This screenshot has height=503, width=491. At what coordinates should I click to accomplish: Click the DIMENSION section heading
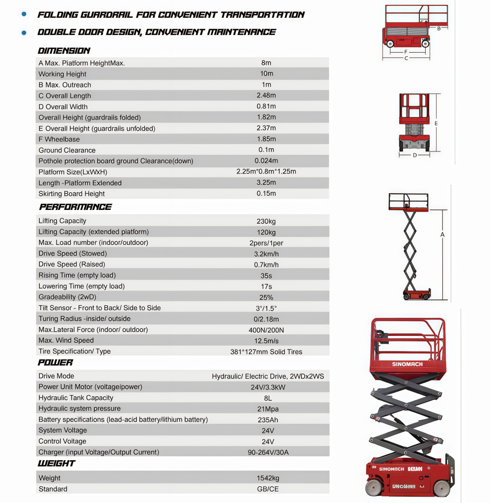pyautogui.click(x=64, y=51)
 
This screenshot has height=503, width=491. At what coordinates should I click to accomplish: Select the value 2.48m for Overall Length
pyautogui.click(x=266, y=95)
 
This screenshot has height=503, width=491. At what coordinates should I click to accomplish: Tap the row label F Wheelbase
pyautogui.click(x=59, y=139)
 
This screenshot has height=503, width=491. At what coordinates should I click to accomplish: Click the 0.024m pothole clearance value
pyautogui.click(x=266, y=161)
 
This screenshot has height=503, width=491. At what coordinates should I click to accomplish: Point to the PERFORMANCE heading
pyautogui.click(x=75, y=207)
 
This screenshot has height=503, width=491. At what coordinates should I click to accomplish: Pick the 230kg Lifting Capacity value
pyautogui.click(x=266, y=221)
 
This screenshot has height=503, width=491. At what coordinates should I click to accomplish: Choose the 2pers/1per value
pyautogui.click(x=266, y=243)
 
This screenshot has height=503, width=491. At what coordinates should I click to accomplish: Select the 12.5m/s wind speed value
pyautogui.click(x=266, y=341)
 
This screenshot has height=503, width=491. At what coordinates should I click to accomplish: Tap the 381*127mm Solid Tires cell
pyautogui.click(x=266, y=352)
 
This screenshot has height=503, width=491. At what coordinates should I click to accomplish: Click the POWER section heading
pyautogui.click(x=55, y=362)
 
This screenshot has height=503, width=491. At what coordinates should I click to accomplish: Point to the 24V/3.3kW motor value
pyautogui.click(x=266, y=387)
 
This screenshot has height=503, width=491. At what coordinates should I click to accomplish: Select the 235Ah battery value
pyautogui.click(x=266, y=420)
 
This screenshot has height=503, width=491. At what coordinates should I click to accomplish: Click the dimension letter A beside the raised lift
pyautogui.click(x=442, y=235)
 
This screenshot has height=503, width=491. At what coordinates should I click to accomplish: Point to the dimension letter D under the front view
pyautogui.click(x=414, y=155)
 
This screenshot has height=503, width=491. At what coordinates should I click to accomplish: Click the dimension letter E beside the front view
pyautogui.click(x=436, y=123)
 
